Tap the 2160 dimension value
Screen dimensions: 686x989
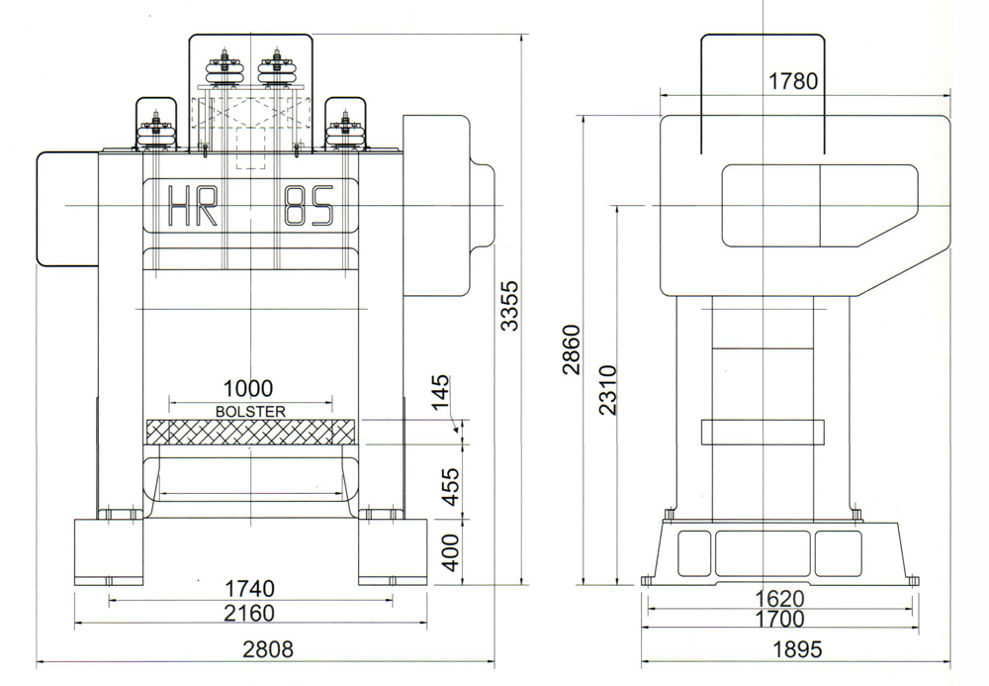(x=248, y=614)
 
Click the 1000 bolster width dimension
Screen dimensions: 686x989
(x=248, y=389)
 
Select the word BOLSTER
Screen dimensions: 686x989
(x=249, y=410)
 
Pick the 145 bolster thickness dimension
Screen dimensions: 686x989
(x=441, y=393)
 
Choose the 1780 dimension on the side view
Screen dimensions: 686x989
(x=793, y=81)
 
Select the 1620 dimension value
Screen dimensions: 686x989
(x=778, y=599)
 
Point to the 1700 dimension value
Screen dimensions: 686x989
(x=778, y=621)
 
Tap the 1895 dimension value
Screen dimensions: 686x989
(x=796, y=650)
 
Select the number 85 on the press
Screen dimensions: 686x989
(x=308, y=207)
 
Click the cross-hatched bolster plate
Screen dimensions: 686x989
(x=249, y=433)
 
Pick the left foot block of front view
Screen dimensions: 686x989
(x=108, y=551)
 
